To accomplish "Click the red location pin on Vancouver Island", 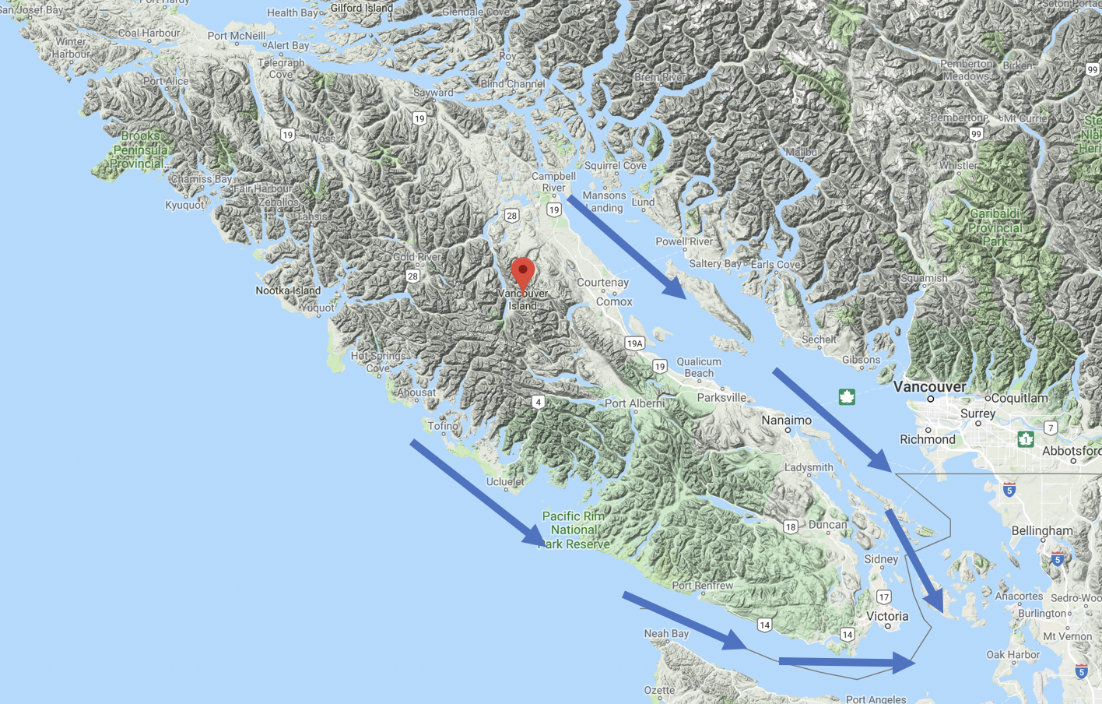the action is tap(523, 273).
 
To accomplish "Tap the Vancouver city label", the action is tap(929, 387).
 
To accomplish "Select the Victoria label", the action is tap(887, 616).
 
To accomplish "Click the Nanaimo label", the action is tap(786, 421).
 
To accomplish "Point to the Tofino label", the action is tap(443, 426).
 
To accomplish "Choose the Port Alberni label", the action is tap(634, 403).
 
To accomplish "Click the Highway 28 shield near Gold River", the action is tap(412, 276).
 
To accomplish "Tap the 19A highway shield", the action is tap(634, 343).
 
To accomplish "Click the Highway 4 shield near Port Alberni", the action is tap(538, 402).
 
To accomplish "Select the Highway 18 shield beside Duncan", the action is tap(791, 527).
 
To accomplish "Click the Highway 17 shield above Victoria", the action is tap(883, 597).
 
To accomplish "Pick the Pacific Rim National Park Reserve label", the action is tap(574, 530).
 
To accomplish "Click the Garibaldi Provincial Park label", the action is tap(995, 227).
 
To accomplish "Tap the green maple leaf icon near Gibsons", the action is tap(847, 397).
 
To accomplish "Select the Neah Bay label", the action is tap(666, 633).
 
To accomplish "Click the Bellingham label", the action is tap(1042, 531).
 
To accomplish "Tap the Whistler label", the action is tap(958, 166).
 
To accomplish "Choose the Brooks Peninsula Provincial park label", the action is tap(140, 150).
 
